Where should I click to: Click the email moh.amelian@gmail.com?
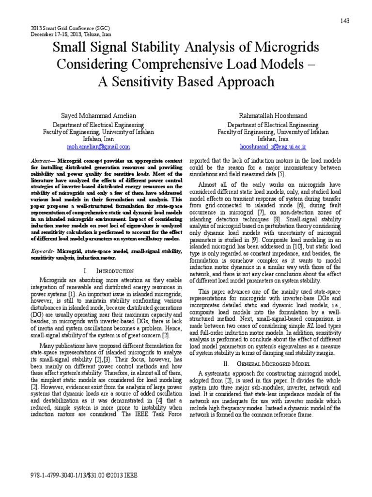pos(98,146)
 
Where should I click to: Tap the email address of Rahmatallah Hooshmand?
pos(273,146)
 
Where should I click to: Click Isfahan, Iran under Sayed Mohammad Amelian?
pos(98,139)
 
